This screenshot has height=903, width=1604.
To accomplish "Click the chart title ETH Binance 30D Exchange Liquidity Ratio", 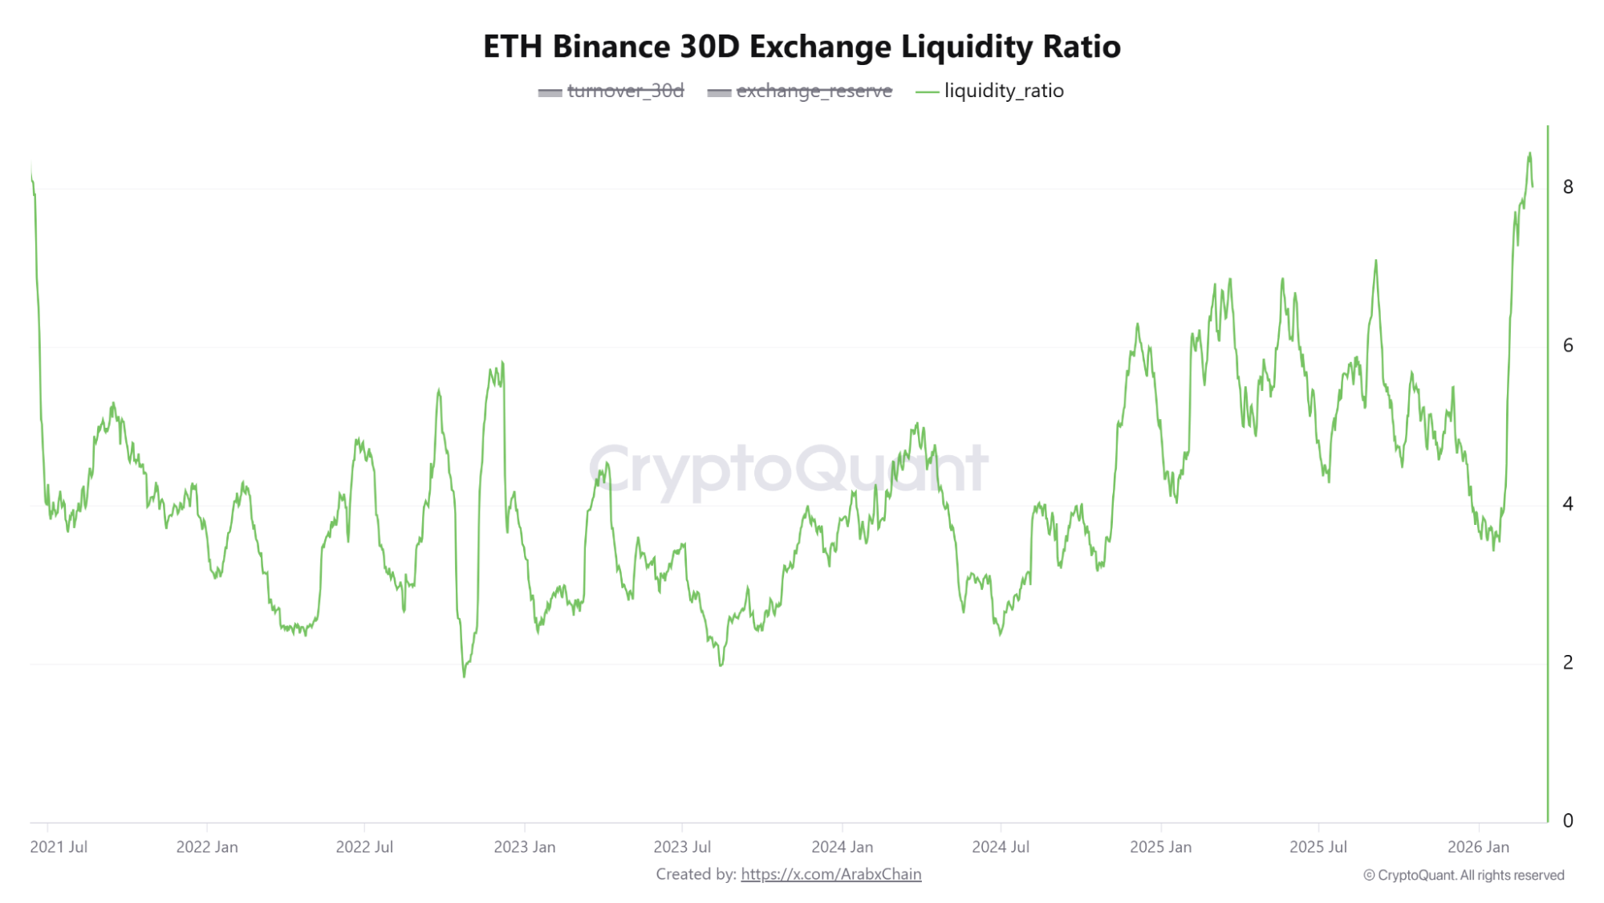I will pyautogui.click(x=802, y=47).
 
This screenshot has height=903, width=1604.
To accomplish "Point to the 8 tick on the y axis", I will pyautogui.click(x=1568, y=187).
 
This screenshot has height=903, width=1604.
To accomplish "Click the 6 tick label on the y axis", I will pyautogui.click(x=1568, y=346).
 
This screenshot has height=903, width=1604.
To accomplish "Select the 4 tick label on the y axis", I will pyautogui.click(x=1568, y=504).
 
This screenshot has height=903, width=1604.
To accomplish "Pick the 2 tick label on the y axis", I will pyautogui.click(x=1568, y=663).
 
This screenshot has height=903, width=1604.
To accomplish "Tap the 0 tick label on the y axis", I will pyautogui.click(x=1568, y=820).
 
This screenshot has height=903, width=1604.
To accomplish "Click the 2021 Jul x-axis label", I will pyautogui.click(x=59, y=847).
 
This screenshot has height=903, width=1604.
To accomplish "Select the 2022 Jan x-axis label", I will pyautogui.click(x=207, y=847).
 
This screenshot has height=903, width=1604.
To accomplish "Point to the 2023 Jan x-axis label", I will pyautogui.click(x=525, y=847).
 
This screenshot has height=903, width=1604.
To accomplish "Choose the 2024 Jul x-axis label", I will pyautogui.click(x=1001, y=847).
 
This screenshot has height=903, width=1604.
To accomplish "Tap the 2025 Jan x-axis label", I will pyautogui.click(x=1160, y=847).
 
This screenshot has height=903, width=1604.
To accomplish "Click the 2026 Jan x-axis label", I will pyautogui.click(x=1478, y=847).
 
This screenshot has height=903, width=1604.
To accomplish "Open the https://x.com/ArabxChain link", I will pyautogui.click(x=830, y=874).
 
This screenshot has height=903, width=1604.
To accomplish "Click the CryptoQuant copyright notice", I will pyautogui.click(x=1464, y=875).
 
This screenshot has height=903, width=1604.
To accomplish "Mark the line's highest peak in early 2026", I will pyautogui.click(x=1529, y=153).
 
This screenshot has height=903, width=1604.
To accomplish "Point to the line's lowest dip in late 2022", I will pyautogui.click(x=464, y=676).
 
